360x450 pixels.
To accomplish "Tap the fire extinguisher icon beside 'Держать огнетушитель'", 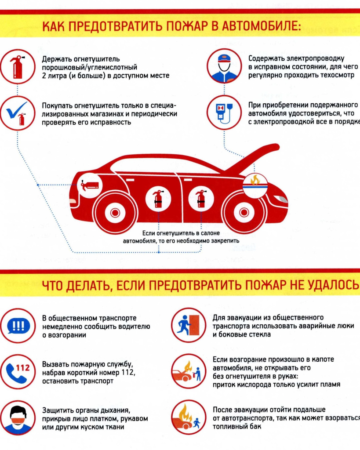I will pos(18,66).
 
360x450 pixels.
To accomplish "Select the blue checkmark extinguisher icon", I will pos(18,113).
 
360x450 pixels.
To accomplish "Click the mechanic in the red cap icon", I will pos(224,66).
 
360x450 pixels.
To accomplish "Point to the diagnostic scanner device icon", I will pos(224,113).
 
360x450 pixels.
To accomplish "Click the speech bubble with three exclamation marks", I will pos(18,326).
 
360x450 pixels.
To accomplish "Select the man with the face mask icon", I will pos(18,417).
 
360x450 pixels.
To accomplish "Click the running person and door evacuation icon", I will pos(188,326).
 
